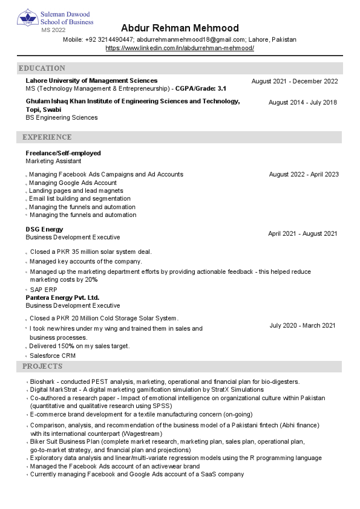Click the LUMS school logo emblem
(x=27, y=18)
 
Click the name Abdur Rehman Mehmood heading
(x=180, y=28)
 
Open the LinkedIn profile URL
(x=180, y=48)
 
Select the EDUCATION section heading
(x=42, y=68)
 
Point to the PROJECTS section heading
(x=42, y=366)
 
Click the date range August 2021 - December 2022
(x=295, y=81)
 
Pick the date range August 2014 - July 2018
(x=303, y=103)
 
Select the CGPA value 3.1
(x=222, y=88)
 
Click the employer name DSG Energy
(x=44, y=230)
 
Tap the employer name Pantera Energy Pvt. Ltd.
(x=62, y=298)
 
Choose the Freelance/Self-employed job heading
(x=63, y=154)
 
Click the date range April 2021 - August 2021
(x=303, y=234)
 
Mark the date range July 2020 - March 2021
(x=303, y=326)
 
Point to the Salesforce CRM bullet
(x=53, y=355)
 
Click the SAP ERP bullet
(x=44, y=290)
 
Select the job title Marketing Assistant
(x=53, y=161)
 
